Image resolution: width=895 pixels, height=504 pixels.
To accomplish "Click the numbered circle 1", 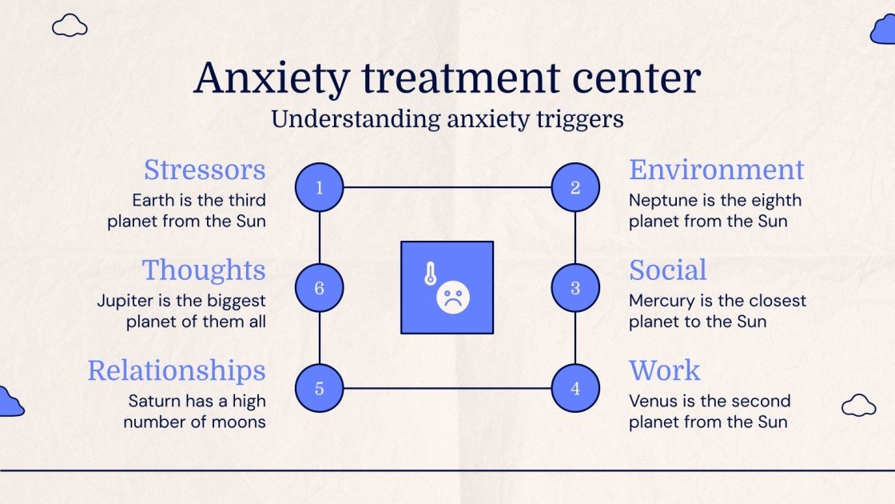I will click(x=320, y=188).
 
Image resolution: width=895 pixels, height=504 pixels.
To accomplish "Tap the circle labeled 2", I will click(x=575, y=188).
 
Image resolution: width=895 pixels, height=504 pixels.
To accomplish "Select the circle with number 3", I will click(x=575, y=288).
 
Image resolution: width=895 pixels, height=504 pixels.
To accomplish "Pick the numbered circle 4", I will click(x=575, y=389).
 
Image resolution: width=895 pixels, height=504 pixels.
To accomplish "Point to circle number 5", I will click(x=320, y=389).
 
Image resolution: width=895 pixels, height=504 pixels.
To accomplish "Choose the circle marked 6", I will click(x=320, y=288).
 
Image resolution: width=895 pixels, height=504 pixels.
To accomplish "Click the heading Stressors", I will click(x=205, y=170).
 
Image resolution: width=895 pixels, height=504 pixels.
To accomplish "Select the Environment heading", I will click(x=716, y=170).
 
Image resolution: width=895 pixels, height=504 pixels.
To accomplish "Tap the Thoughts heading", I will click(x=204, y=270).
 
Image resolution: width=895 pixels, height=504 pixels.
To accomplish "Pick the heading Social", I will click(x=667, y=270).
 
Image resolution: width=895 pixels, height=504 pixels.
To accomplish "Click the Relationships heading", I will click(x=176, y=370).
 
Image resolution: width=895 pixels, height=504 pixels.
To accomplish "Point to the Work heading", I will click(x=664, y=370).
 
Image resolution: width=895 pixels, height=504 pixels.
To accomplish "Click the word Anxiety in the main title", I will click(x=272, y=78).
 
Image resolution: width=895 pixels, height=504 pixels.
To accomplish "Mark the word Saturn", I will click(x=155, y=401).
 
